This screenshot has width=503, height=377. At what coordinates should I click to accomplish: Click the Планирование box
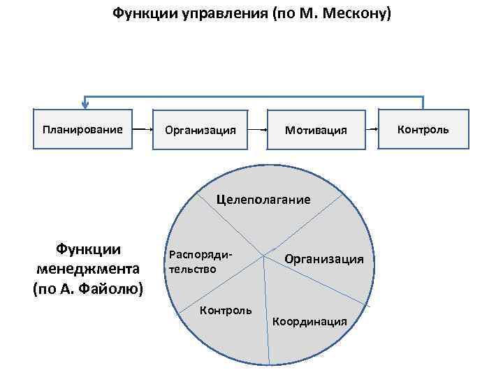click(x=82, y=129)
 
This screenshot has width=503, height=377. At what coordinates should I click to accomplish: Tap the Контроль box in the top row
click(x=423, y=129)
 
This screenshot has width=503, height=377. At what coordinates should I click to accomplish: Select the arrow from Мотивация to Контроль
click(x=372, y=130)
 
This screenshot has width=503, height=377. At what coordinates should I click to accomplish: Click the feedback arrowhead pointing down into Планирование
click(x=86, y=105)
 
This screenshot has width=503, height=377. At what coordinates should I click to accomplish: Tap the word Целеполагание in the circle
click(x=263, y=199)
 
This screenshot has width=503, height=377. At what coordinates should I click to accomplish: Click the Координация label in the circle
click(x=309, y=321)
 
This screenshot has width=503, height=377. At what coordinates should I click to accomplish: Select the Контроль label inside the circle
click(x=226, y=310)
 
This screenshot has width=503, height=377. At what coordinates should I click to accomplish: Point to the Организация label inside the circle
click(x=323, y=259)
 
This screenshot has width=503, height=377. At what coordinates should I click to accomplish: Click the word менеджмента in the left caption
click(x=87, y=269)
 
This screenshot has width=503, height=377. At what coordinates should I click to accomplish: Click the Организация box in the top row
click(x=200, y=130)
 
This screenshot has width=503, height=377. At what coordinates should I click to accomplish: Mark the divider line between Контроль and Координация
click(x=267, y=314)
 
